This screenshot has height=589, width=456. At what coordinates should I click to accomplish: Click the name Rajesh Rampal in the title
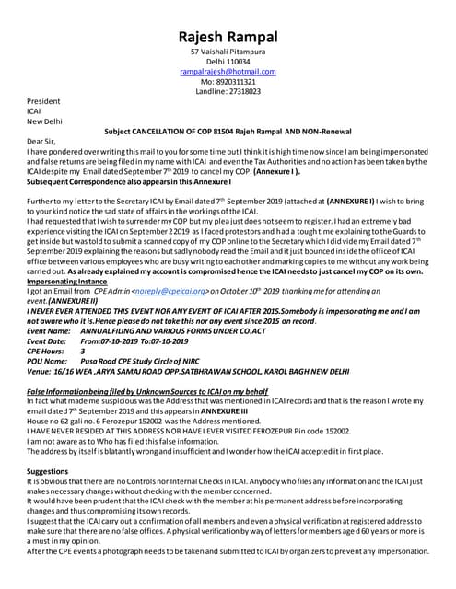[x=228, y=15]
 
